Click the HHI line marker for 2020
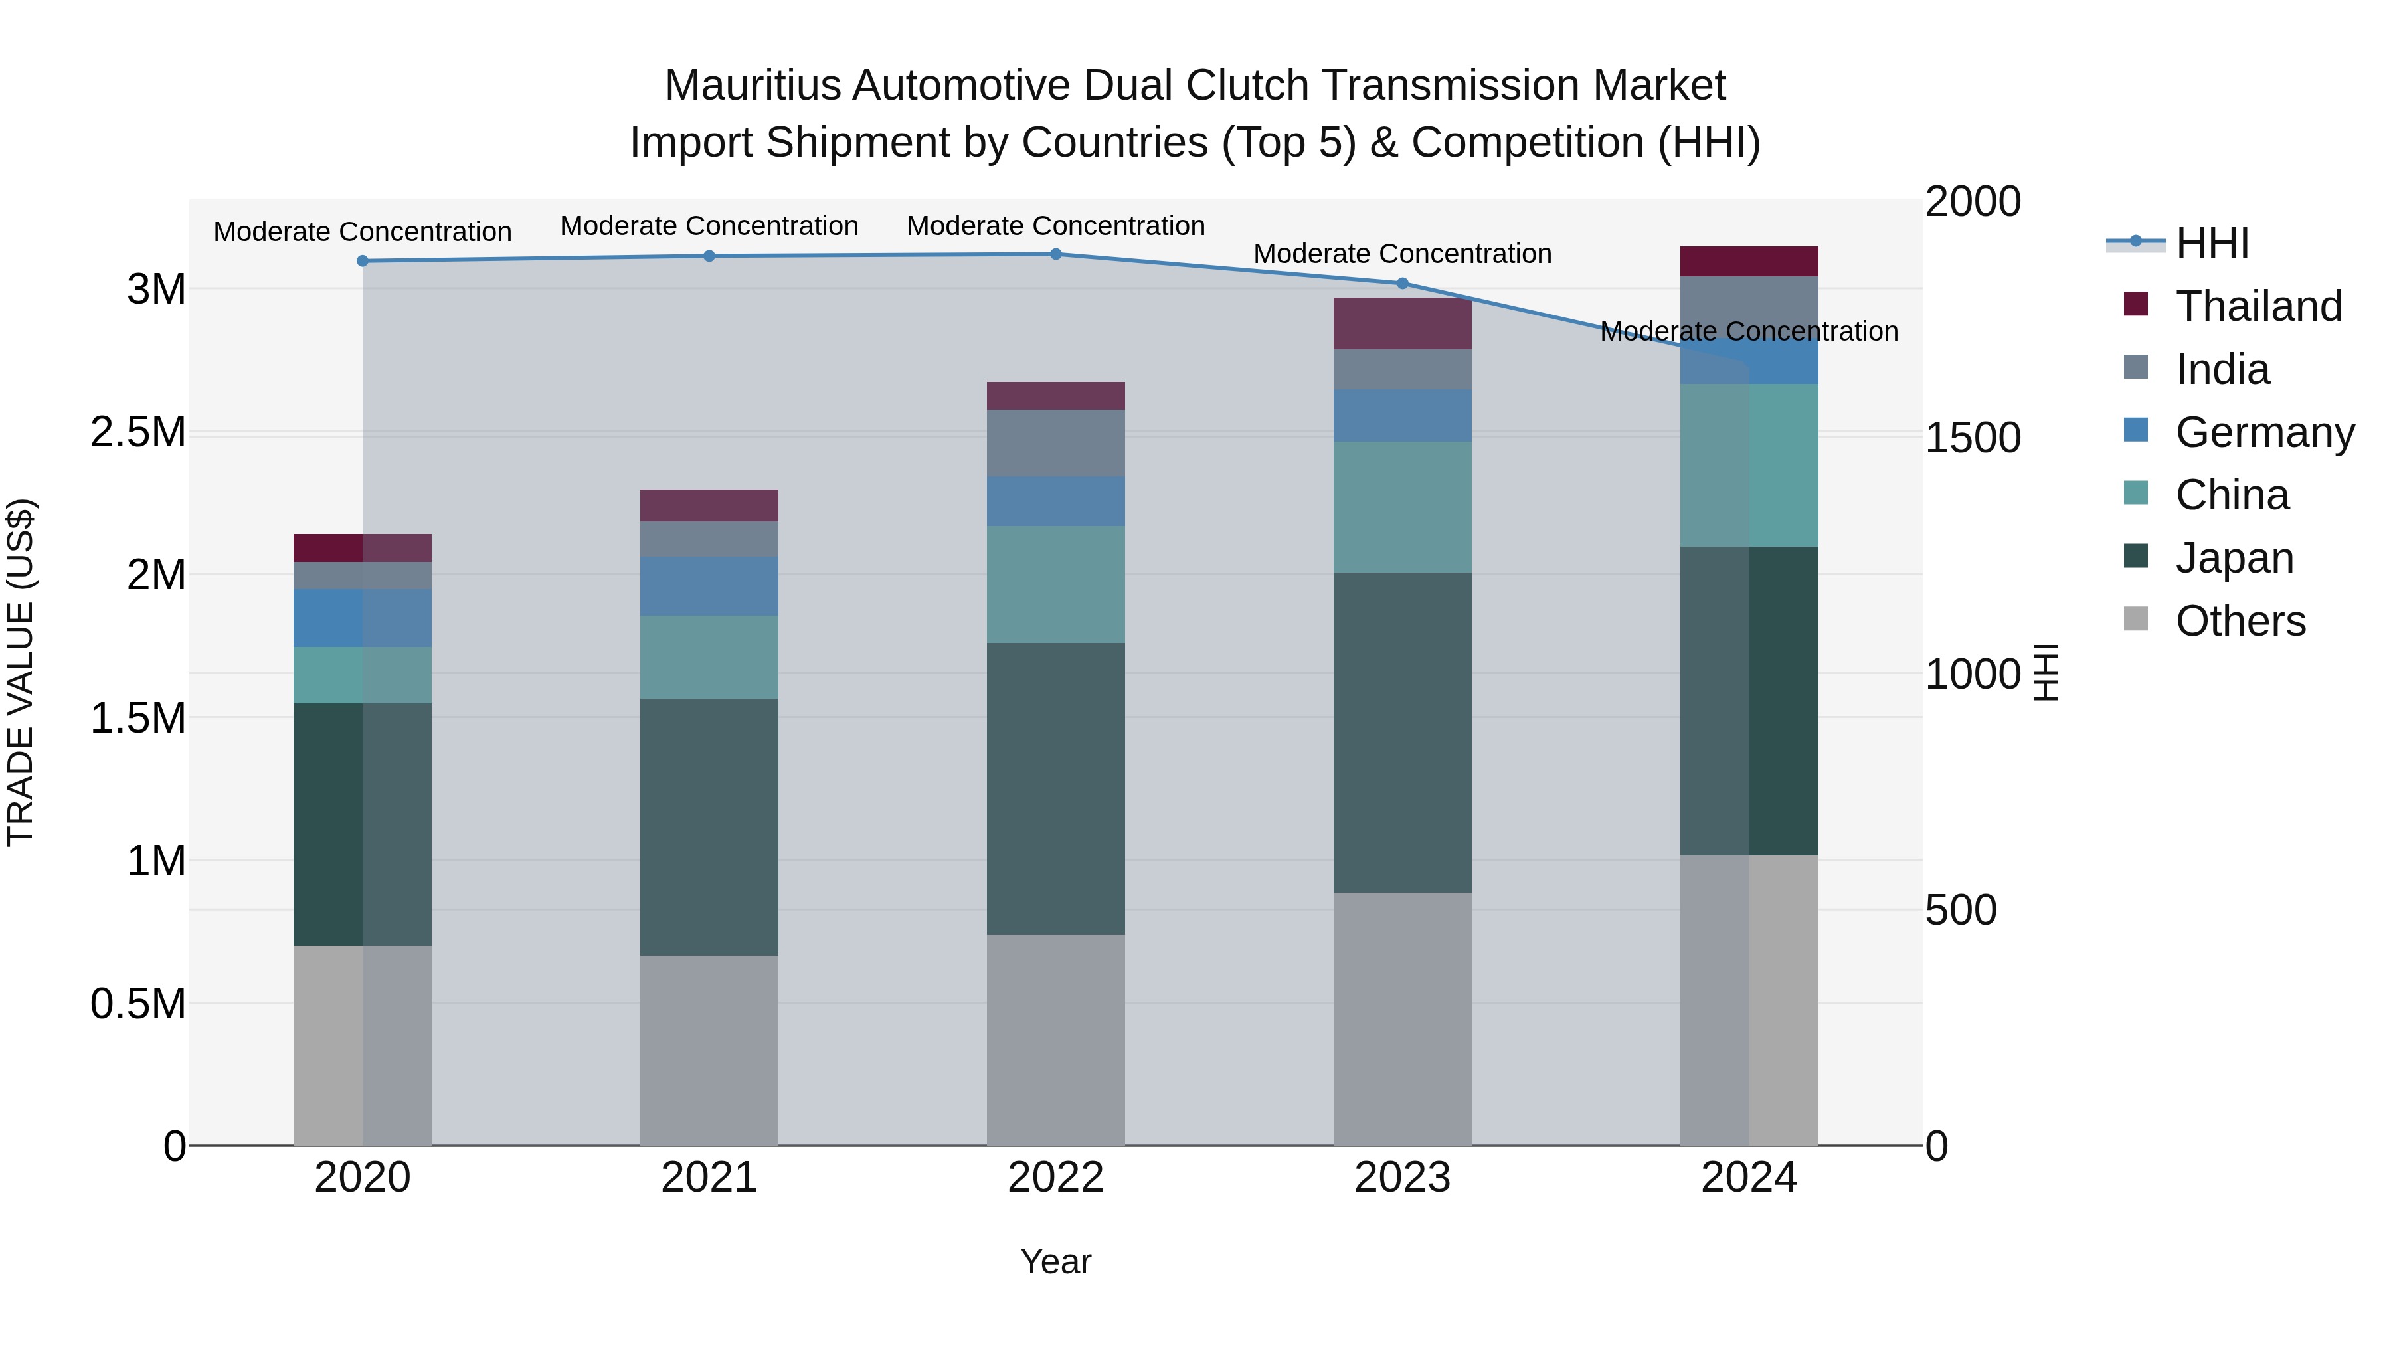(363, 261)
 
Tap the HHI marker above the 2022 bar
(1055, 254)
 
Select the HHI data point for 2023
(1403, 283)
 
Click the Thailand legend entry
(2258, 306)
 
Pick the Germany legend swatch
(2136, 430)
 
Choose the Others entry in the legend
(2239, 621)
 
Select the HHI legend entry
(2211, 243)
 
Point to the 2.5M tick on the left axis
(138, 432)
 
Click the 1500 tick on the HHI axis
(1973, 438)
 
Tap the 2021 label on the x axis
(709, 1178)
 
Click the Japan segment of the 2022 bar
(1055, 789)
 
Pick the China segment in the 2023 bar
(1403, 507)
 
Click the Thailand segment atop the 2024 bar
(1749, 261)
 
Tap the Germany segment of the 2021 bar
(709, 586)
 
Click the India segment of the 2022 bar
(1055, 443)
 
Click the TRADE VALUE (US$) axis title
(21, 672)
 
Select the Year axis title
(1055, 1261)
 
